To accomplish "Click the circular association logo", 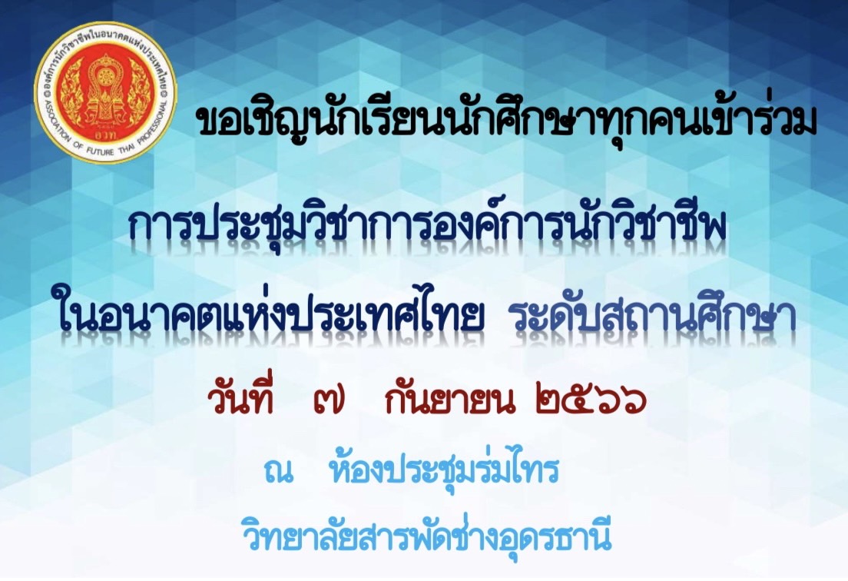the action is [106, 92].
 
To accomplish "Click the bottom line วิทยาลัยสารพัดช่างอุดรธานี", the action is [427, 533].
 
